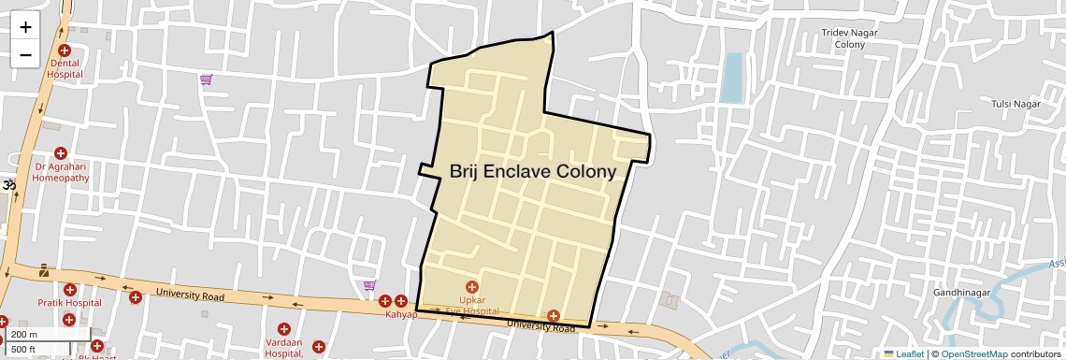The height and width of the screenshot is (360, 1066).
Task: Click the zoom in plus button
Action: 25,27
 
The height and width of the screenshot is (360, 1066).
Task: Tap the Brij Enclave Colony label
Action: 532,172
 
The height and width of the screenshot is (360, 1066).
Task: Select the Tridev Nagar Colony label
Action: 849,38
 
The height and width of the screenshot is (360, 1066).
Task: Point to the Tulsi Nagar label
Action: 1016,104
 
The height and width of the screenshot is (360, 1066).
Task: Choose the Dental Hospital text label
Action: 65,68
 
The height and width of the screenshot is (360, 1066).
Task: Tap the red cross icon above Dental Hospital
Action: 65,50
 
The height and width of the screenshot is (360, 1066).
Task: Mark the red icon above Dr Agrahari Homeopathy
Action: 61,153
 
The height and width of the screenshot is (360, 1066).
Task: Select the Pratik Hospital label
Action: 69,303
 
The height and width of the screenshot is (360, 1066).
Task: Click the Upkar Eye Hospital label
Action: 471,304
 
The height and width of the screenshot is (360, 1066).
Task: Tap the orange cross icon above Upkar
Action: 471,285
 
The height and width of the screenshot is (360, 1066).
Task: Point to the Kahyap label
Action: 401,315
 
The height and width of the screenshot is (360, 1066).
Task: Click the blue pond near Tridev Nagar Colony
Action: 731,77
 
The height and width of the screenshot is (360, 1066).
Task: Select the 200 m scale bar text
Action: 25,335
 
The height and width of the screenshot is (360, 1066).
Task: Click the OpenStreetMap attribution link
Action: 973,354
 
